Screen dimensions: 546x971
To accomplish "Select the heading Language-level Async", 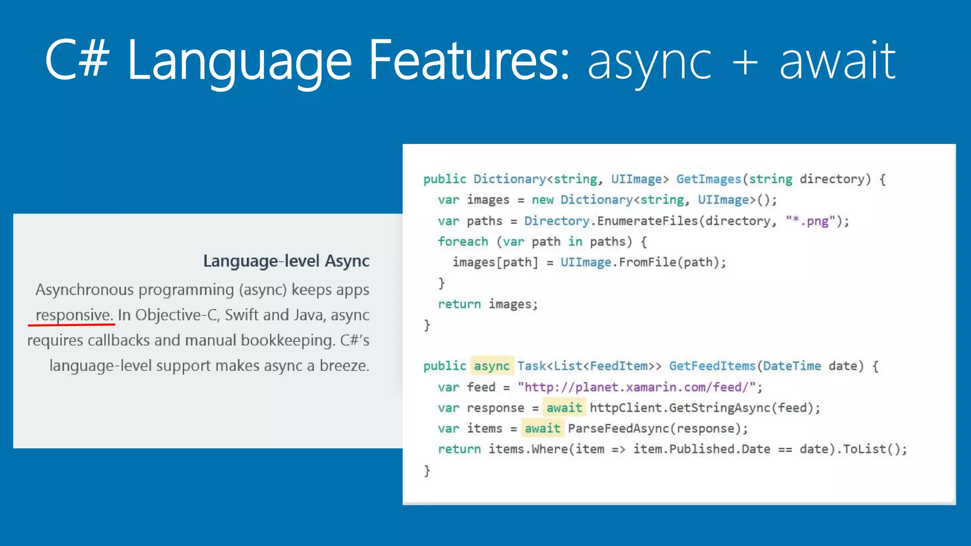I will click(x=286, y=261).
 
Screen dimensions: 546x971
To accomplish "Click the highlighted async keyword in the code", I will click(x=492, y=366).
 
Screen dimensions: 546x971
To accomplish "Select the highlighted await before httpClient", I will click(x=564, y=408).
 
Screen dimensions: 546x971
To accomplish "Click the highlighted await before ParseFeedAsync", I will click(x=542, y=428).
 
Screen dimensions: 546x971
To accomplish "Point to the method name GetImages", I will click(x=708, y=179).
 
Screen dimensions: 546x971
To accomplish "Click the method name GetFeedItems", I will click(x=712, y=366).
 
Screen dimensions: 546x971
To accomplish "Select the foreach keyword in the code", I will click(x=463, y=242).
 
